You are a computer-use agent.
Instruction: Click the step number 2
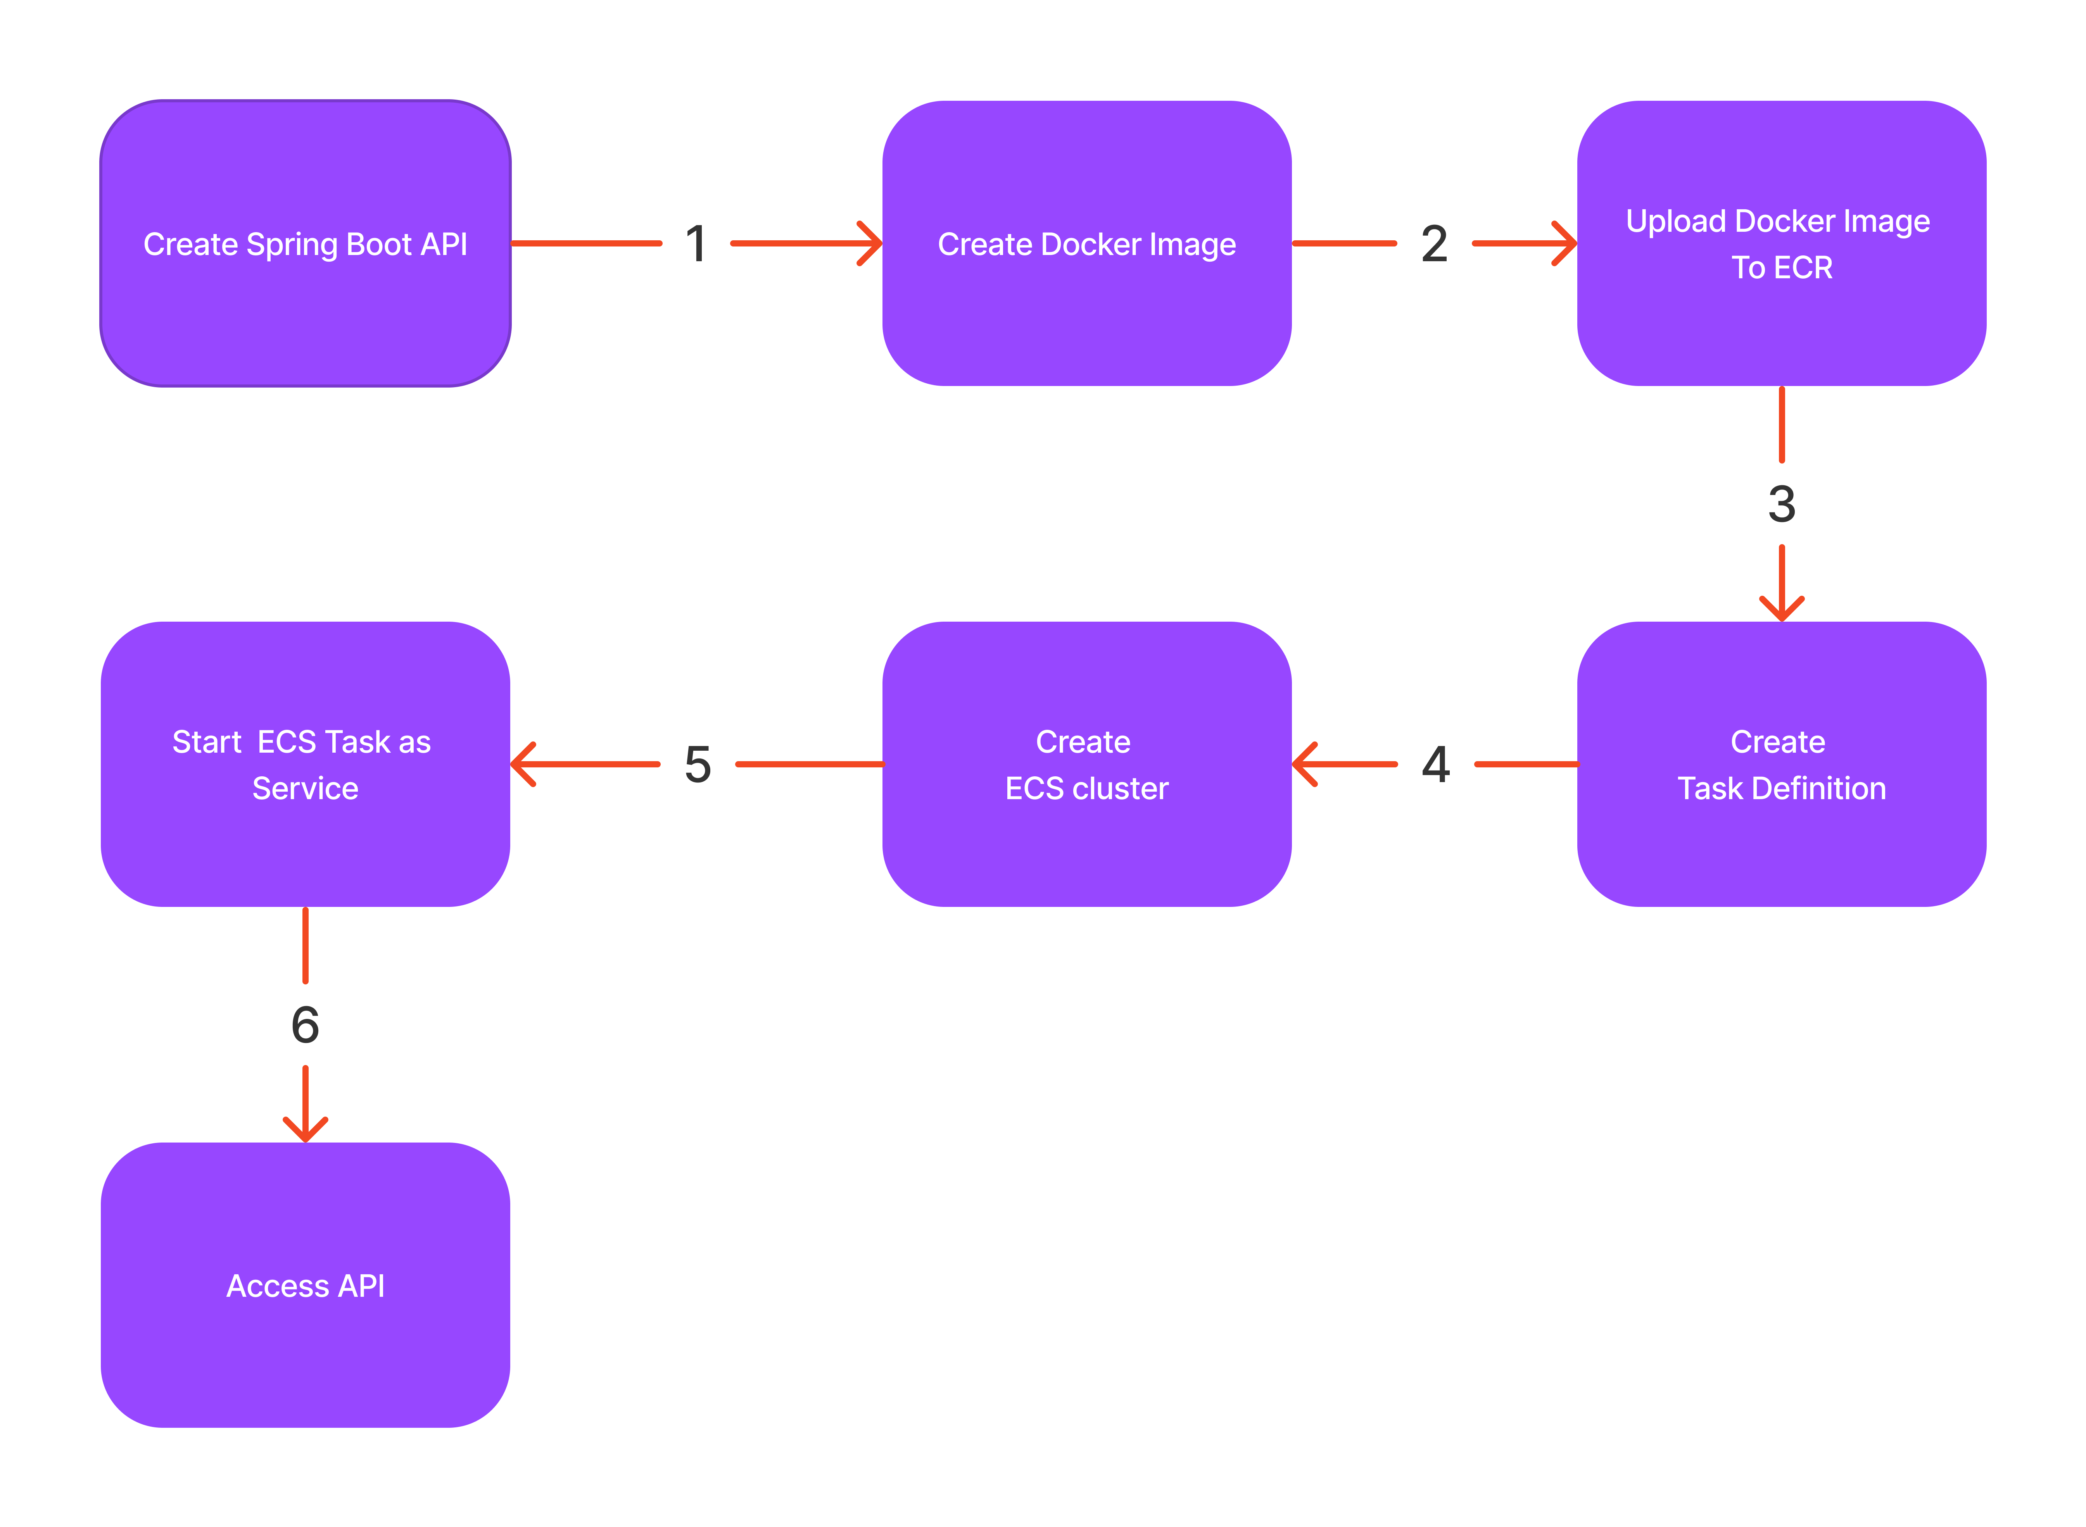coord(1434,244)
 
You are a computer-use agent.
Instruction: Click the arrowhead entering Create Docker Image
coord(872,244)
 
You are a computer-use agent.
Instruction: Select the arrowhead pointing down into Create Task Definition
coord(1781,610)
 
